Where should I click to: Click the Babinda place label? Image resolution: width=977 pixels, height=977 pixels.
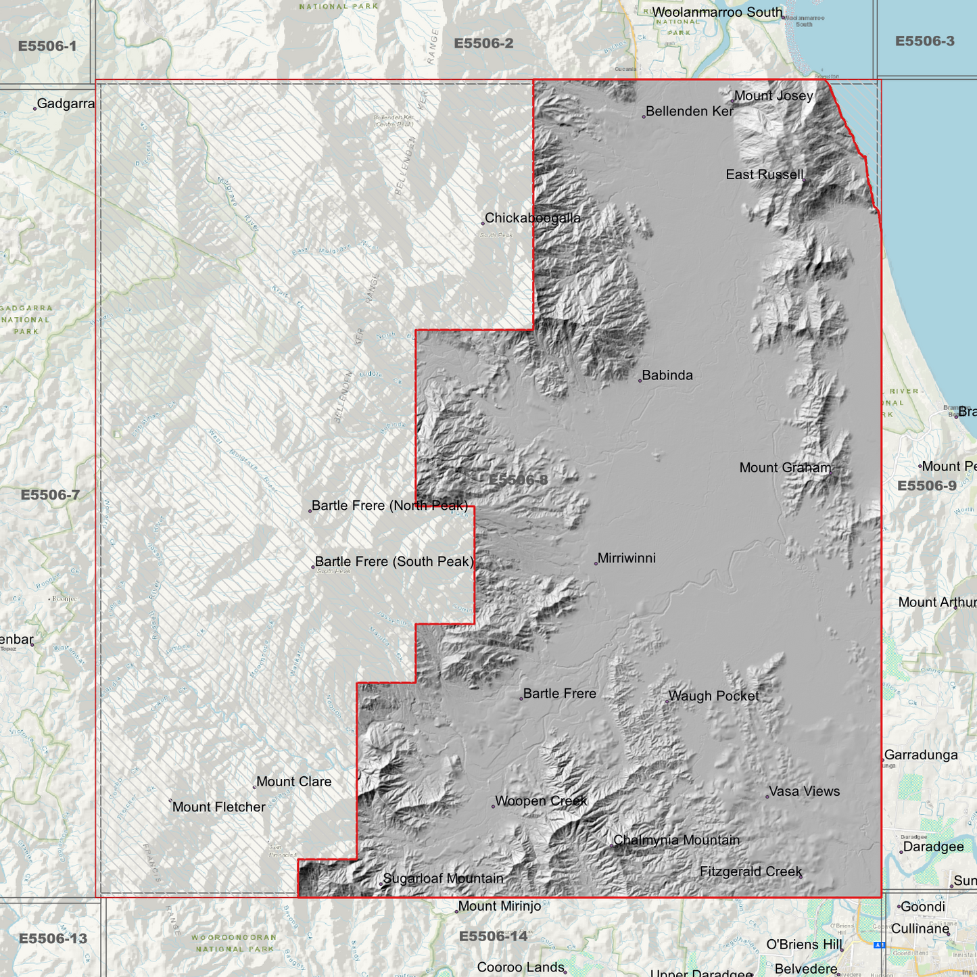click(667, 375)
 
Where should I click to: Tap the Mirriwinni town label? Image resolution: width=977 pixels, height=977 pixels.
click(626, 558)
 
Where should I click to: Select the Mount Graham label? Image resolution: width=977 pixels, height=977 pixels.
click(785, 468)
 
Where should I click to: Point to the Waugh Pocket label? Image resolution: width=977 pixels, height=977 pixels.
click(713, 696)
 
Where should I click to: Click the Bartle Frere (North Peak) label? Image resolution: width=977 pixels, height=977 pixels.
click(389, 506)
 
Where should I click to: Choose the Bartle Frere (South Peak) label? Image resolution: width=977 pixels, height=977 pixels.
click(394, 562)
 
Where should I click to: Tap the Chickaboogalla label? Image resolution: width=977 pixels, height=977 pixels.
click(532, 218)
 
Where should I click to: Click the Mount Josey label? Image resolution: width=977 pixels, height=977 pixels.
click(773, 96)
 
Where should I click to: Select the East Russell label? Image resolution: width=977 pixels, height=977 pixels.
click(765, 175)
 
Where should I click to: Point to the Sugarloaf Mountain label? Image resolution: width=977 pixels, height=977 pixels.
click(443, 879)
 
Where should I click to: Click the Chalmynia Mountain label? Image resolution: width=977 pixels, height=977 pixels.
click(676, 840)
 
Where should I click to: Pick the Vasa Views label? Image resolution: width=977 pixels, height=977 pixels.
click(804, 792)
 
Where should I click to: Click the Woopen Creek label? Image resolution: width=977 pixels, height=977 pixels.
click(541, 801)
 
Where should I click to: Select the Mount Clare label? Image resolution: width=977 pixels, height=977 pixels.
click(293, 782)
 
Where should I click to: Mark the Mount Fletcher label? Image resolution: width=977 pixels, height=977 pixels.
click(218, 807)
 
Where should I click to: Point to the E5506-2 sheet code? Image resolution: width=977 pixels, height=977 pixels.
click(483, 44)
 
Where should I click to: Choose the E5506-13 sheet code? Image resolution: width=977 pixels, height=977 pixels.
click(53, 938)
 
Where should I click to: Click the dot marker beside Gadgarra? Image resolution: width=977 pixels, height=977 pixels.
click(34, 108)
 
